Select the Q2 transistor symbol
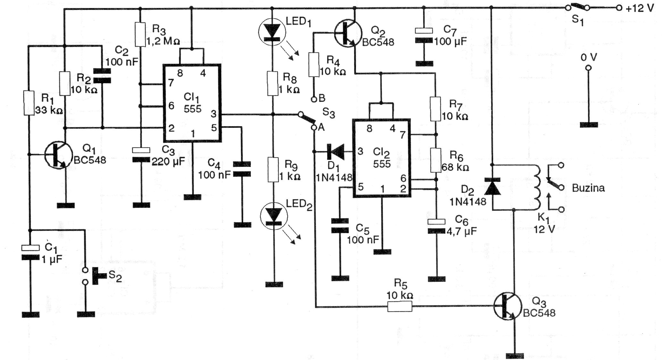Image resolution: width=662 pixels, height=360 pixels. click(348, 32)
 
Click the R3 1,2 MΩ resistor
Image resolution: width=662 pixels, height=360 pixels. click(140, 34)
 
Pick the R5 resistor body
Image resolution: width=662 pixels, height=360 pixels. click(400, 307)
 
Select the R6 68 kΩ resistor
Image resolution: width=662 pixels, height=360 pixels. click(436, 160)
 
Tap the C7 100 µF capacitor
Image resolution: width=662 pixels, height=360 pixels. click(424, 36)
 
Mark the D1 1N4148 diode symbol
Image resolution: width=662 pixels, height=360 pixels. click(335, 152)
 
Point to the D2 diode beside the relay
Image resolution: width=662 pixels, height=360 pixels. click(492, 187)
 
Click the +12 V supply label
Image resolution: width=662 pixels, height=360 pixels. click(639, 9)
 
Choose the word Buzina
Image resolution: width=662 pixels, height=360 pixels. click(588, 188)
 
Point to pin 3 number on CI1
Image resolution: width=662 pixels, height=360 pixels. click(213, 114)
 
